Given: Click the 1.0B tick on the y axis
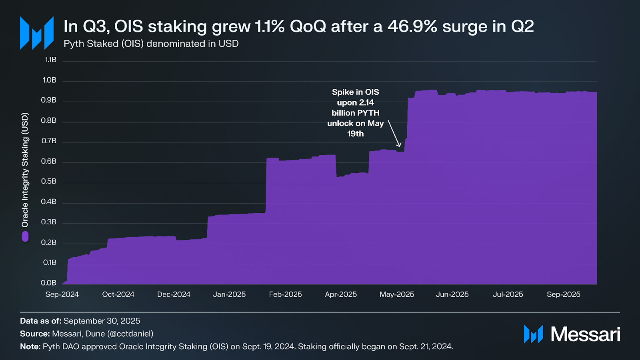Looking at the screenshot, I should (x=50, y=80).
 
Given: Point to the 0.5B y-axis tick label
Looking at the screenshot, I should (x=49, y=181).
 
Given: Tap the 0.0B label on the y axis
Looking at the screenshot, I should (x=49, y=283).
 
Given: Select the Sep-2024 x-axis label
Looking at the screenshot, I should (x=62, y=294).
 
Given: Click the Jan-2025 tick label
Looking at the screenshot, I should (x=229, y=294).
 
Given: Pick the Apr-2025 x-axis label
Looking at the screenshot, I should (x=341, y=294).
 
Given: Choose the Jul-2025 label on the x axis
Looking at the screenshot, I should (x=508, y=294).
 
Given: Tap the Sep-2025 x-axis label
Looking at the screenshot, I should (x=563, y=294).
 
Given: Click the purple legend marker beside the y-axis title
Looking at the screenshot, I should (x=25, y=236).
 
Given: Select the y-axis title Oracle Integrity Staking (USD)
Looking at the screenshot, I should (x=25, y=170).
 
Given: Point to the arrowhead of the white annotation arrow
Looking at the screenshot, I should (x=399, y=145).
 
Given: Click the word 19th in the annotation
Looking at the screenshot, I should (x=355, y=134).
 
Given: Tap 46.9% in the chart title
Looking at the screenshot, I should (x=412, y=26).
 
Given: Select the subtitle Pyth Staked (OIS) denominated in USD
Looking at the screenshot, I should (x=151, y=44).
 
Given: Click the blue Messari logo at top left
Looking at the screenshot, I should (x=37, y=33).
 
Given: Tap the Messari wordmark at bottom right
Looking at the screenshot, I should (x=585, y=334).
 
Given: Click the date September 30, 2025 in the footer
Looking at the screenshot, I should (x=102, y=321).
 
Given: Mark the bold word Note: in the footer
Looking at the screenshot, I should (x=30, y=346).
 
